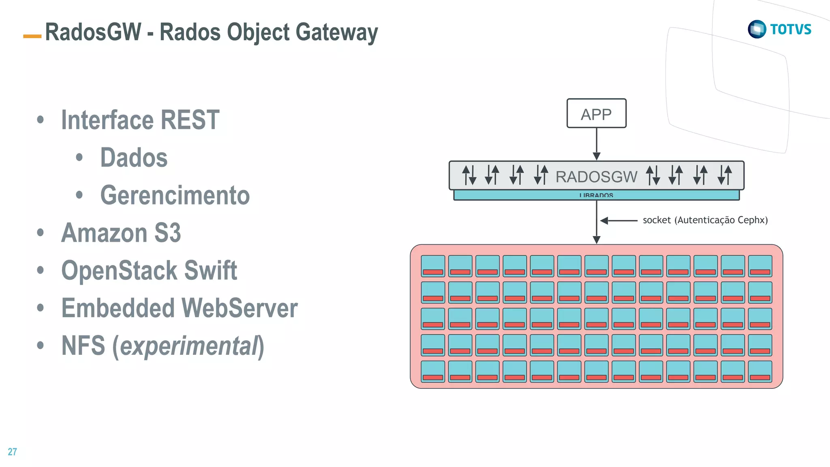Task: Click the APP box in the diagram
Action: (x=596, y=114)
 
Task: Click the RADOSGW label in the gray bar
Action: (x=596, y=177)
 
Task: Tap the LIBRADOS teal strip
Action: (x=596, y=195)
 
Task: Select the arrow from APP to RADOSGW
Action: (x=597, y=144)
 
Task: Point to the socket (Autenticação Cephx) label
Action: (x=705, y=220)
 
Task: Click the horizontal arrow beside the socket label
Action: (x=619, y=221)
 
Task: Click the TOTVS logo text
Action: (x=791, y=29)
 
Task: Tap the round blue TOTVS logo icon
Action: (x=757, y=29)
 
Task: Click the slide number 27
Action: (x=12, y=452)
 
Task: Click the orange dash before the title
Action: (x=32, y=36)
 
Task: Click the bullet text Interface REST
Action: (x=140, y=120)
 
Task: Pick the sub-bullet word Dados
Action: (x=134, y=158)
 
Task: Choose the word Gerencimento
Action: (x=175, y=195)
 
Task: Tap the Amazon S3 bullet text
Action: (x=121, y=233)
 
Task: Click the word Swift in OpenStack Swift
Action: (x=210, y=271)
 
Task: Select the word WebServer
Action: (x=240, y=308)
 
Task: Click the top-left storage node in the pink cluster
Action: (x=433, y=266)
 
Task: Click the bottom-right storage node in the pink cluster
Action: (x=760, y=371)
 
